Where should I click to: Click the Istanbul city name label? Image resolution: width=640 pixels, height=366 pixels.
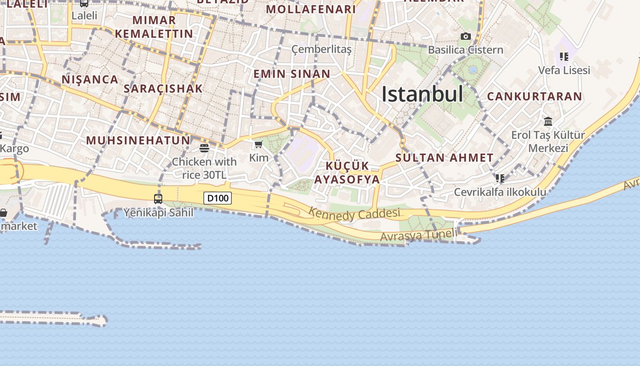pos(422,94)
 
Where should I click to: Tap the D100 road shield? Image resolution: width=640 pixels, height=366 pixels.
pos(218,198)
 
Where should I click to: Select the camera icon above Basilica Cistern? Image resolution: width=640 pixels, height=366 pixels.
pos(465,37)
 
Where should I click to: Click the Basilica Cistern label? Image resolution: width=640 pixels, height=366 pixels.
pos(465,50)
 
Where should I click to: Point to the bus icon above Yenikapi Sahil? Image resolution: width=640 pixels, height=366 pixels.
pos(158,199)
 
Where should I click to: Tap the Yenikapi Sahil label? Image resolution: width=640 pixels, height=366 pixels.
pos(158,213)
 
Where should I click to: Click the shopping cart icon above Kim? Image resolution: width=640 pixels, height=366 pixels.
pos(258,145)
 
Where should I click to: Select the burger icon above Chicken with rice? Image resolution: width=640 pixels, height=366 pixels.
pos(204,148)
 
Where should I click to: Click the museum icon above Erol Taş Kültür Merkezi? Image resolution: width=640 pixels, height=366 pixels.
pos(548,122)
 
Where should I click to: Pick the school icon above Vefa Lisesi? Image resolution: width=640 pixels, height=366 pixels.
pos(564,57)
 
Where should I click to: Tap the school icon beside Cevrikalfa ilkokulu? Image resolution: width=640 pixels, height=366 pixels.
pos(500,178)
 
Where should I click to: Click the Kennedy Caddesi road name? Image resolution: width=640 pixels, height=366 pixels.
pos(354,213)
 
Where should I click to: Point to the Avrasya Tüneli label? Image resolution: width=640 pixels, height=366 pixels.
pos(418,236)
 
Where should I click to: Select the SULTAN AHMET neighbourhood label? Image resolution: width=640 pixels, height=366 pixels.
pos(444,158)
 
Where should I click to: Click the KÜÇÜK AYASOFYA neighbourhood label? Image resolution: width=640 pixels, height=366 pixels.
pos(353,172)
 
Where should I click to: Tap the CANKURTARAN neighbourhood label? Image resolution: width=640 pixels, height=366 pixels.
pos(534,97)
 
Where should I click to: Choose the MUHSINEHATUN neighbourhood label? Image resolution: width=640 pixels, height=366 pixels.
pos(138,140)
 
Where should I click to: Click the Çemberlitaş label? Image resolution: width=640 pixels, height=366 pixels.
pos(321,49)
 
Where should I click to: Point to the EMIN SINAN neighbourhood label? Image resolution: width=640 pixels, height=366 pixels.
pos(292,74)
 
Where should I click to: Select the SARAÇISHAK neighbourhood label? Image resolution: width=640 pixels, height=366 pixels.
pos(163,89)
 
